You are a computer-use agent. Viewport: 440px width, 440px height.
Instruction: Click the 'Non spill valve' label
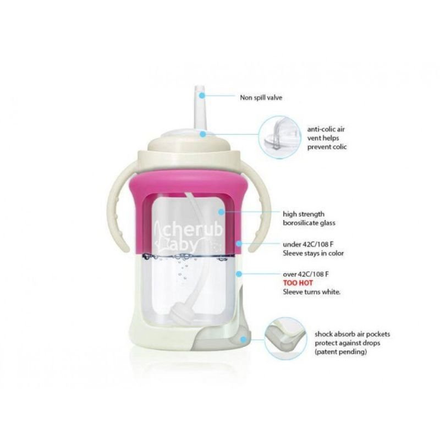(x=261, y=98)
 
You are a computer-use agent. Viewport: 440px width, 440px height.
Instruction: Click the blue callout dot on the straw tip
(x=202, y=96)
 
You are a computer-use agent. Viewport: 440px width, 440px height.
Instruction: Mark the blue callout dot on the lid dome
(x=202, y=133)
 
